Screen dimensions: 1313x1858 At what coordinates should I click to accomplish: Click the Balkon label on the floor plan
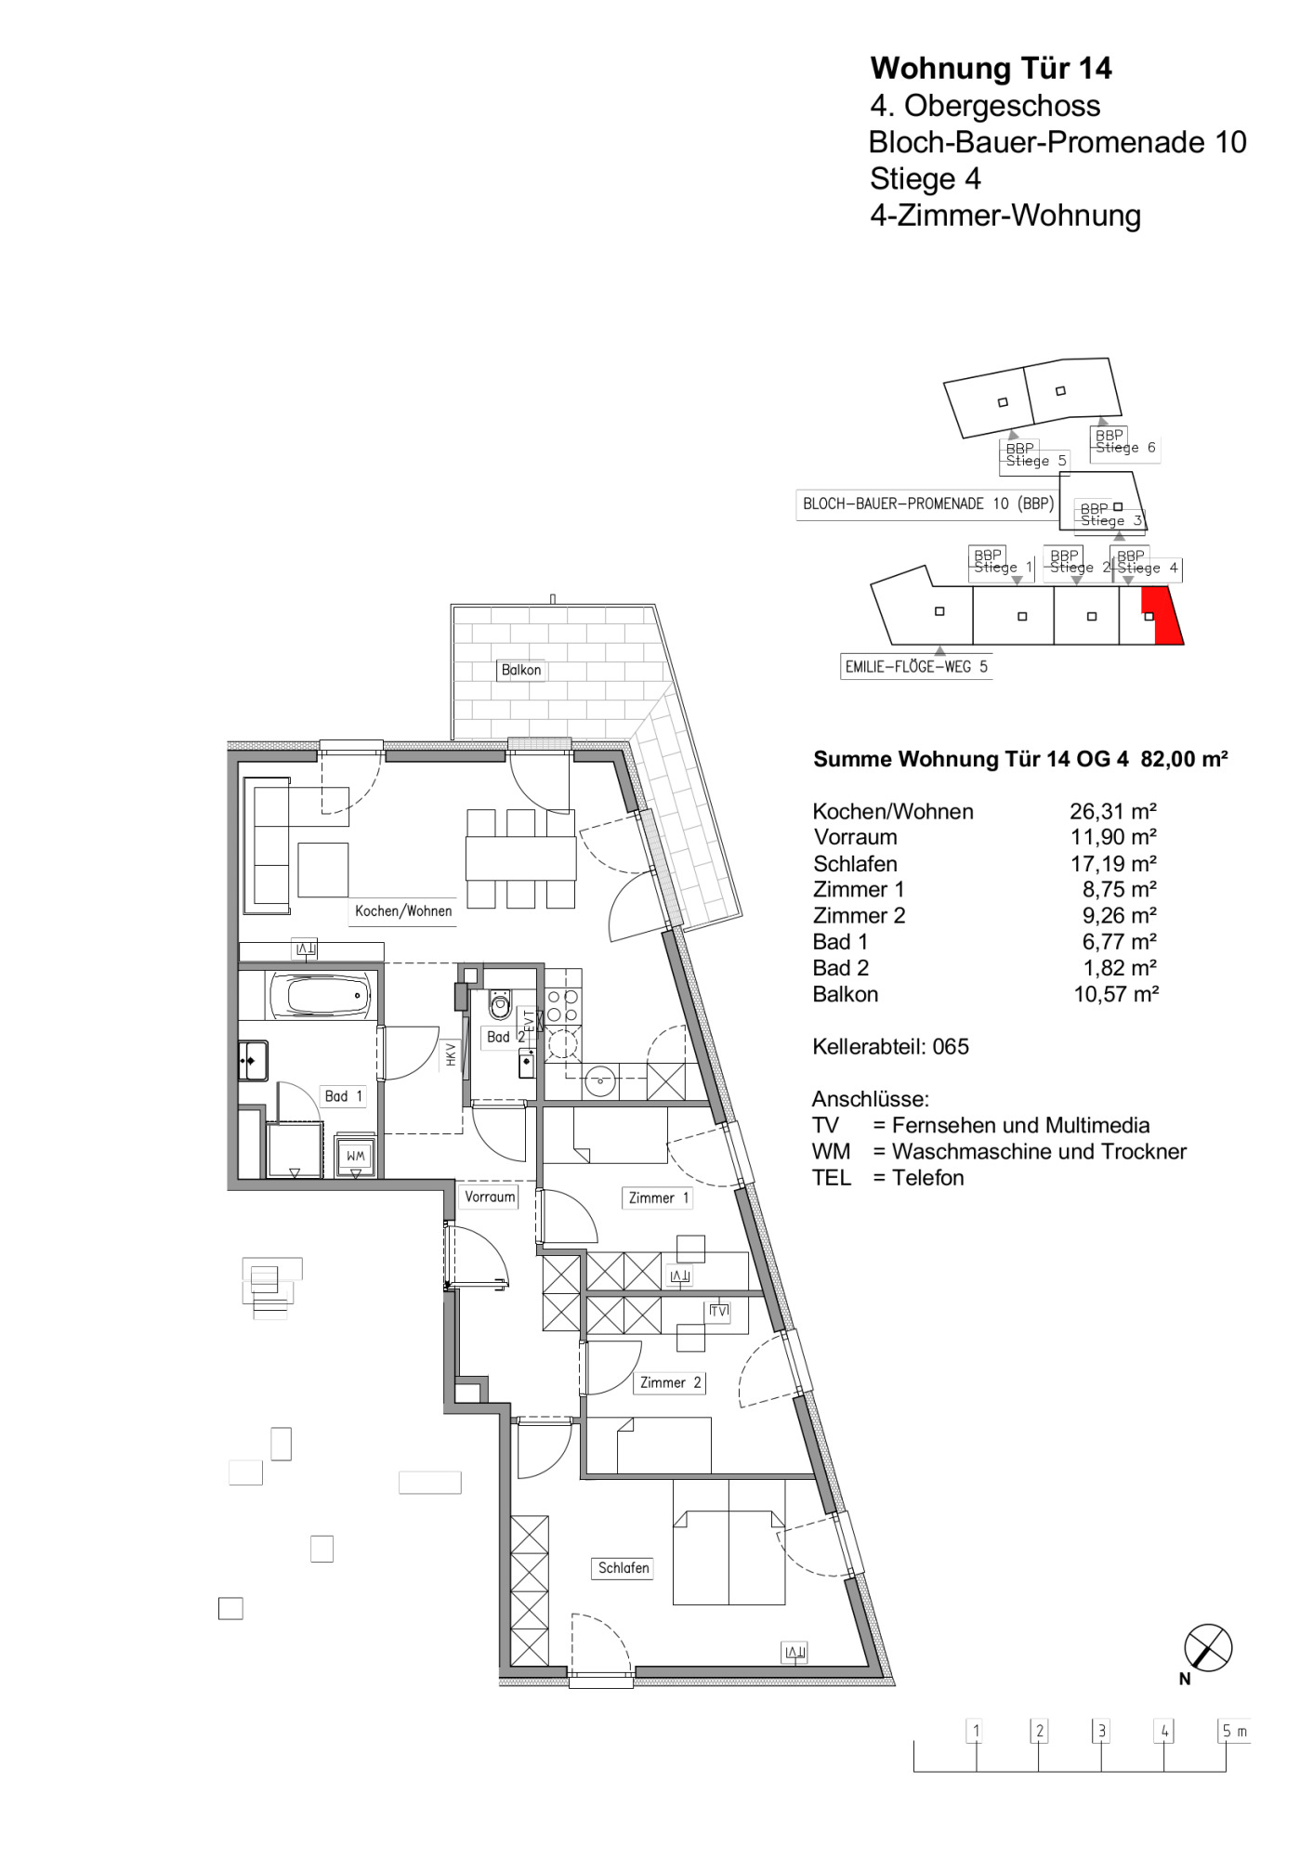[x=520, y=670]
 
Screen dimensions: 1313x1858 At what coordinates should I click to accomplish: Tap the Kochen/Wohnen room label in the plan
[x=403, y=911]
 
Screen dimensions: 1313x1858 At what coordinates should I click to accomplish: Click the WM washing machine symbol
[x=356, y=1155]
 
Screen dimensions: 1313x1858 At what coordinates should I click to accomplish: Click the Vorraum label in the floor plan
[x=490, y=1197]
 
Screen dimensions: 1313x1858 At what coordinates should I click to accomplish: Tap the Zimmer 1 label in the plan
[x=658, y=1197]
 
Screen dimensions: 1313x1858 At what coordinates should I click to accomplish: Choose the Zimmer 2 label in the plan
[x=670, y=1382]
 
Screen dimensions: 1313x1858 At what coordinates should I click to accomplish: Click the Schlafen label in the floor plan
[x=624, y=1568]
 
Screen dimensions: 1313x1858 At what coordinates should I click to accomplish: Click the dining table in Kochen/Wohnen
[x=520, y=857]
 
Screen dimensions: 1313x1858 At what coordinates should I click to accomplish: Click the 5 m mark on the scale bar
[x=1234, y=1732]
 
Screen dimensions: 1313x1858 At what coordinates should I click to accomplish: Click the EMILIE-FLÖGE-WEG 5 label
[x=916, y=666]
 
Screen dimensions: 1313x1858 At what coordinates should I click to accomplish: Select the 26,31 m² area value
[x=1113, y=811]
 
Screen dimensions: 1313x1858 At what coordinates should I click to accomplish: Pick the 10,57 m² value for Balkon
[x=1116, y=994]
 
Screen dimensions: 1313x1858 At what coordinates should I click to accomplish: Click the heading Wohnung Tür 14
[x=991, y=68]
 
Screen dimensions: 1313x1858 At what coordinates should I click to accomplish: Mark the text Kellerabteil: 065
[x=890, y=1046]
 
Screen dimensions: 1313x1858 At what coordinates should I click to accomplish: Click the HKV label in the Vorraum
[x=451, y=1053]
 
